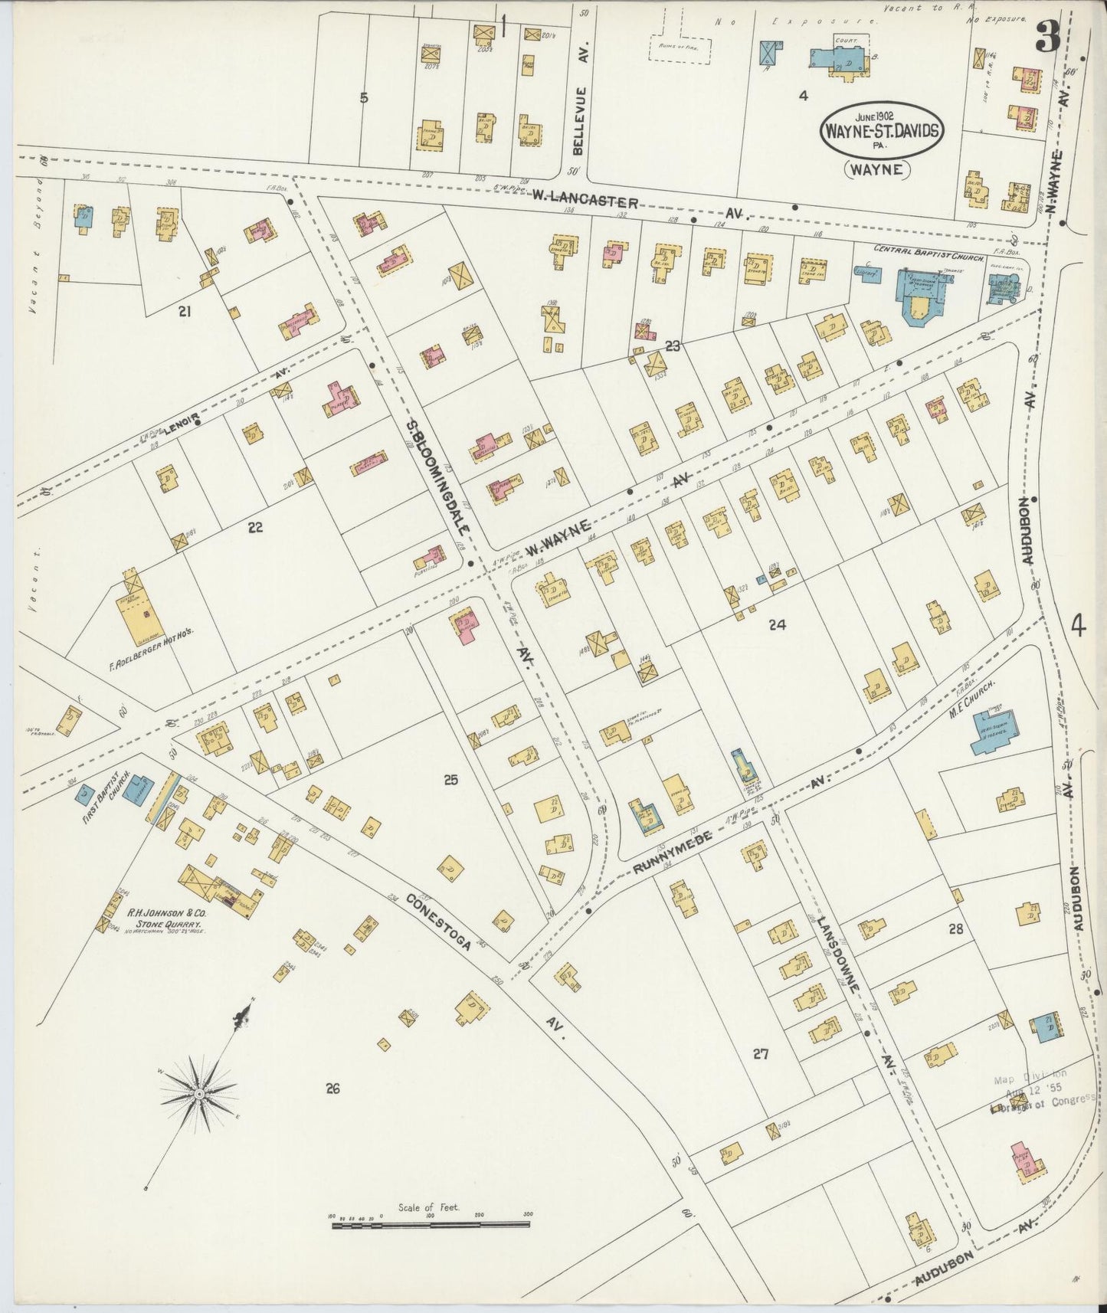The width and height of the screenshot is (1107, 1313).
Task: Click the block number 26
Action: point(332,1088)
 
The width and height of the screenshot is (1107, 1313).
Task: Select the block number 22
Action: point(255,527)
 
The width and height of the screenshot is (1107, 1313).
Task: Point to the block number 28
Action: point(955,929)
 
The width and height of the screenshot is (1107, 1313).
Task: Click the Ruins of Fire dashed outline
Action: point(679,47)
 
